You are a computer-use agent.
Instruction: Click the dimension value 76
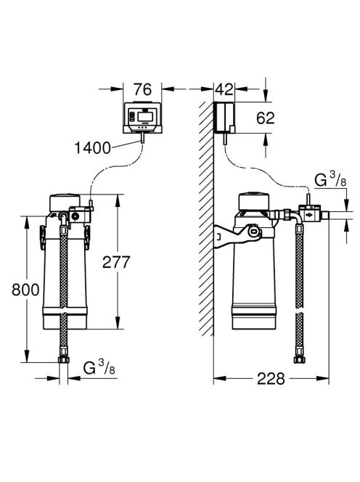pos(143,89)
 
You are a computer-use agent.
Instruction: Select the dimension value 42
pos(224,89)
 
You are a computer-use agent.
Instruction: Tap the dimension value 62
pos(266,118)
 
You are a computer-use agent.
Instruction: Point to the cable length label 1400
pos(92,148)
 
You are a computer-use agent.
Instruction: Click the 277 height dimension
pos(116,262)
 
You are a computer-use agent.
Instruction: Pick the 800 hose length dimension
pos(25,290)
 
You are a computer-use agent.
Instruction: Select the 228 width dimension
pos(271,379)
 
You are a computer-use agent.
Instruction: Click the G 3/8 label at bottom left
pos(99,367)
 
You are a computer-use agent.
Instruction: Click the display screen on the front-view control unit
pos(145,116)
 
